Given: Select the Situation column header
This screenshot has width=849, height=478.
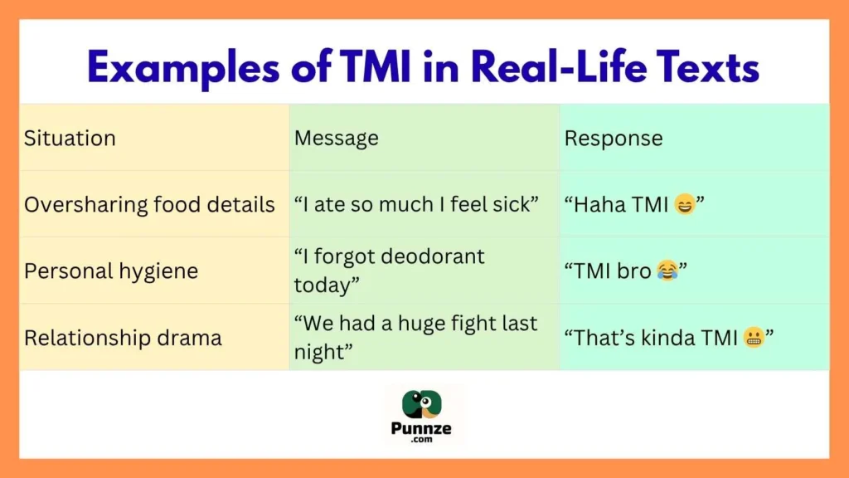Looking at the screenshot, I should click(x=70, y=138).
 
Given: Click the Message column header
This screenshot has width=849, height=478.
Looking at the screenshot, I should click(x=336, y=138).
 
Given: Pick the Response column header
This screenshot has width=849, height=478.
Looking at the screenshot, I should click(x=614, y=138).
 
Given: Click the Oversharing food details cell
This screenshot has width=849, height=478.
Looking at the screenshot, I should click(x=149, y=204).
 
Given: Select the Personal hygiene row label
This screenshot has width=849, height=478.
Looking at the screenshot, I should click(x=111, y=271).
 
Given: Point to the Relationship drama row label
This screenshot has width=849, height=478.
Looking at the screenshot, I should click(x=123, y=338).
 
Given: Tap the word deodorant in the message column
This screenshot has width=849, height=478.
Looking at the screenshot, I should click(x=431, y=257).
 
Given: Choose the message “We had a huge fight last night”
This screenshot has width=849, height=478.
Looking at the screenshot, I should click(x=415, y=337).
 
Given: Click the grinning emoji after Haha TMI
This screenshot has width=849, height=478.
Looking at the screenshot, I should click(x=684, y=204).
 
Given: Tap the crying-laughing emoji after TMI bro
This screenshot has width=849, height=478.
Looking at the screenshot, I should click(x=667, y=271).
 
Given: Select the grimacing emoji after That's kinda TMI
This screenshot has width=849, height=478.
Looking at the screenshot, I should click(x=754, y=338).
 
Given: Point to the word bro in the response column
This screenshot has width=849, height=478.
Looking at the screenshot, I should click(x=635, y=271).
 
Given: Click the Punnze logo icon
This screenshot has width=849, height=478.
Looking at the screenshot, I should click(x=424, y=404).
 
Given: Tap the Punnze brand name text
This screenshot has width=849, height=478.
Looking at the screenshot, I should click(x=424, y=431).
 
